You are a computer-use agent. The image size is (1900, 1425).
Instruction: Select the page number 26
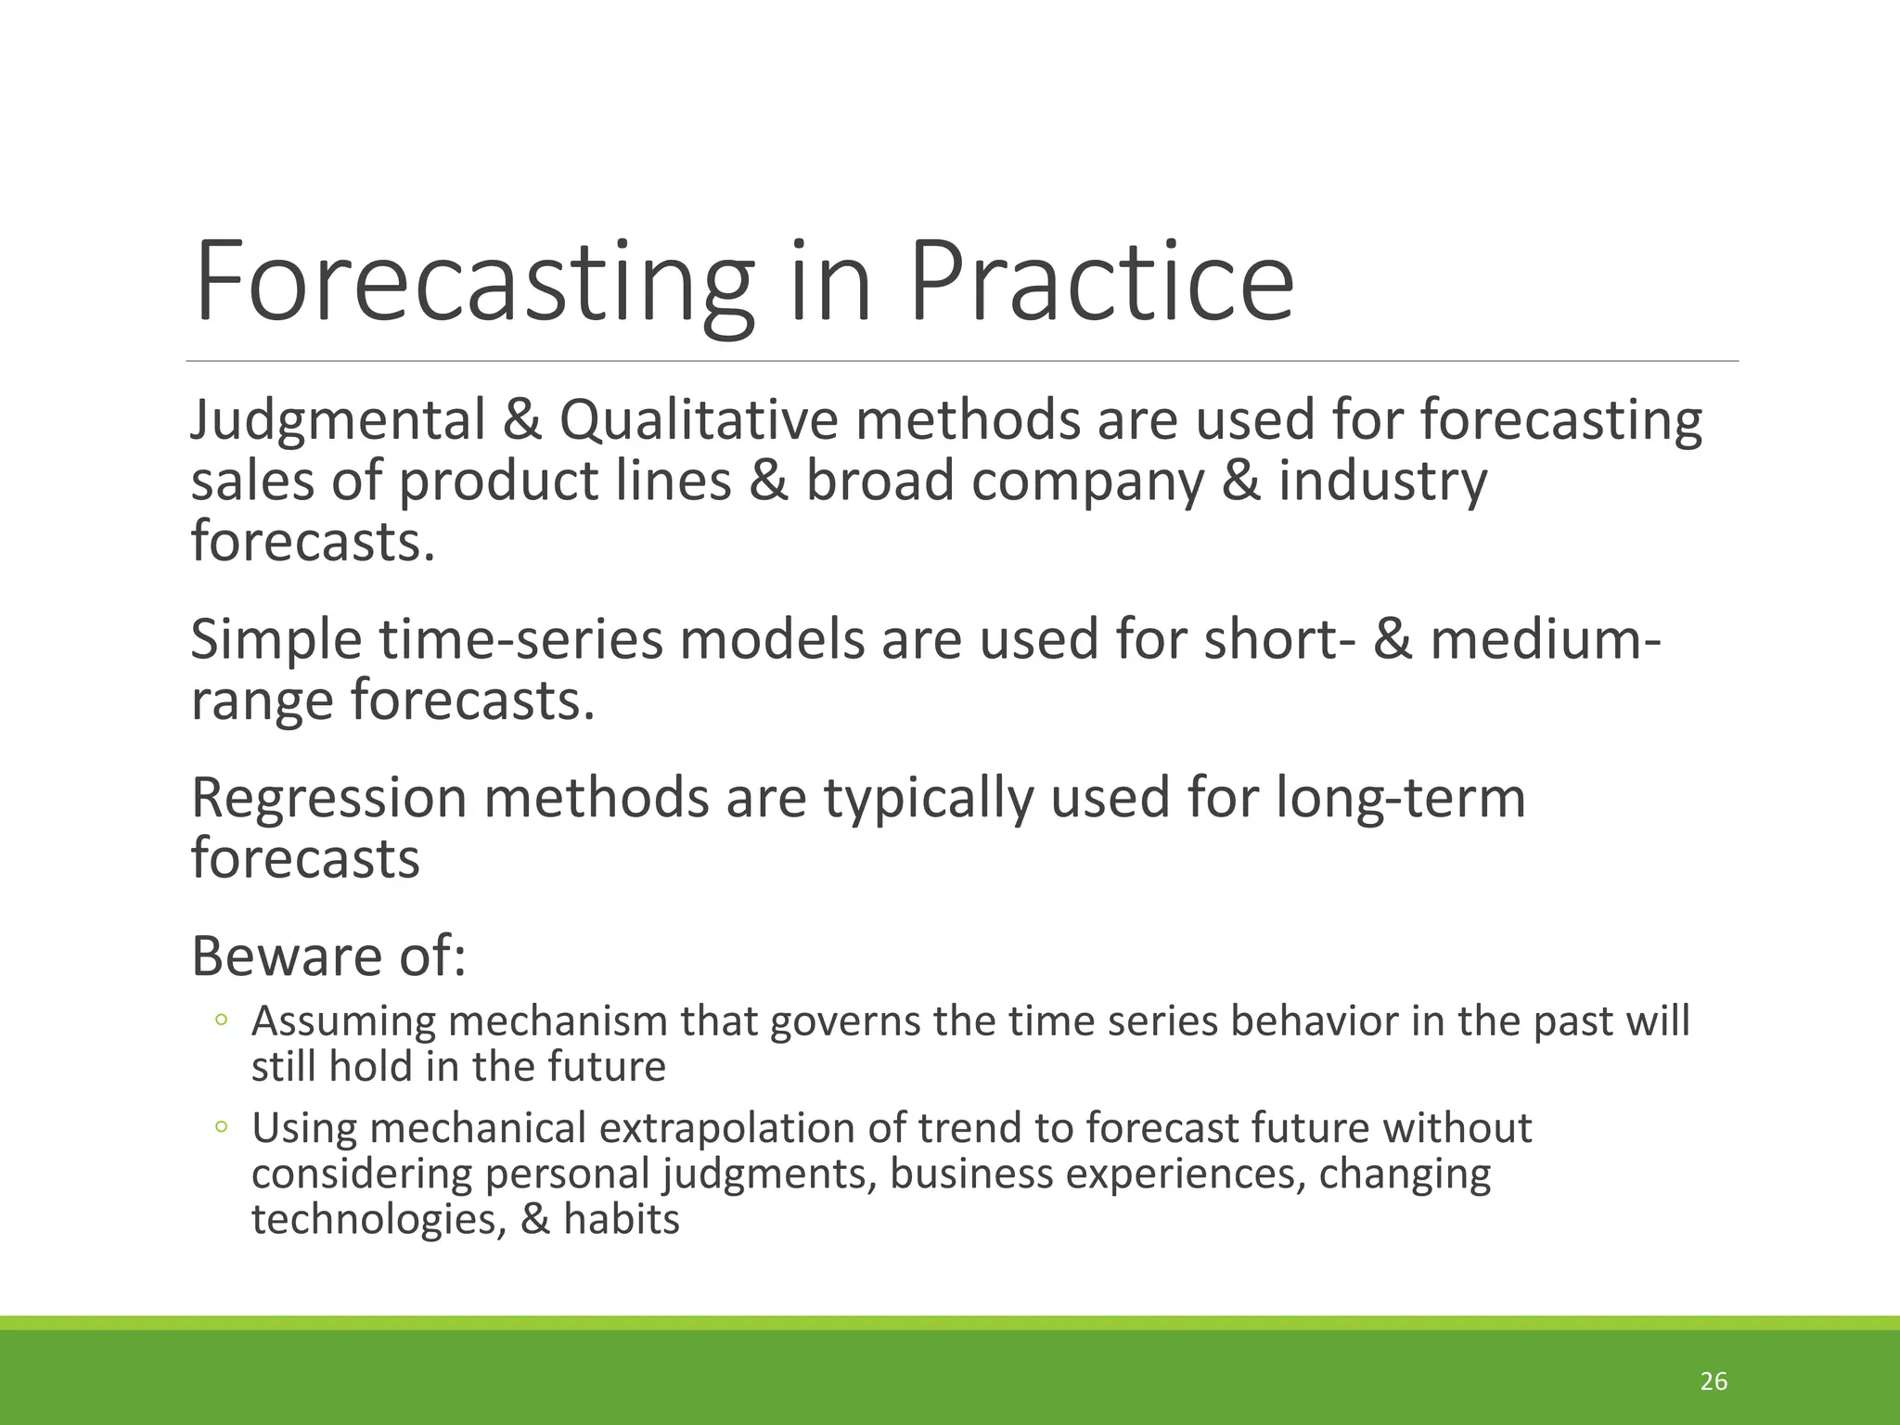click(1714, 1381)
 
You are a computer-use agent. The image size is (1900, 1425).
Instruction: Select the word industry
click(1382, 482)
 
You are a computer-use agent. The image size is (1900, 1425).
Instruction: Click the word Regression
click(328, 798)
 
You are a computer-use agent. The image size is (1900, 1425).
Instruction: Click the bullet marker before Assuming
click(221, 1021)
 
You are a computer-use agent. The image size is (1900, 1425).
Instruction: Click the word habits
click(621, 1218)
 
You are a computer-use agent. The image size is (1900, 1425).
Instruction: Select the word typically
click(929, 798)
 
